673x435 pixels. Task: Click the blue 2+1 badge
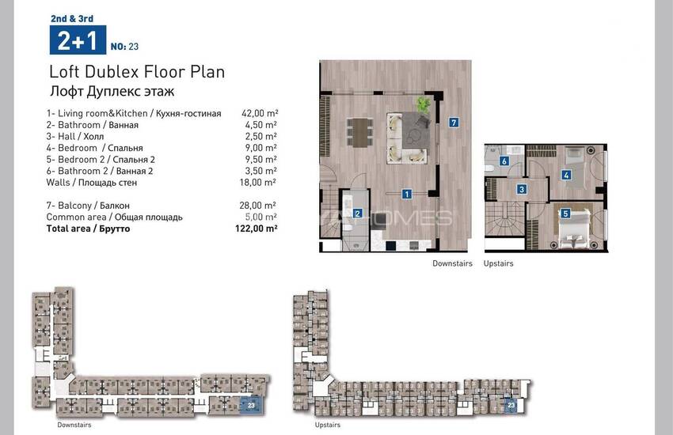pyautogui.click(x=78, y=40)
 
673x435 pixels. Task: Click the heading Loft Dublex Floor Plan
pyautogui.click(x=137, y=72)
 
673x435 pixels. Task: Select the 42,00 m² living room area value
pyautogui.click(x=260, y=113)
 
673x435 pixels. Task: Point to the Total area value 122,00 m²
pyautogui.click(x=257, y=229)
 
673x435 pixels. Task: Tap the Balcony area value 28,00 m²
pyautogui.click(x=257, y=206)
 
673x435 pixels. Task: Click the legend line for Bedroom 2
pyautogui.click(x=101, y=160)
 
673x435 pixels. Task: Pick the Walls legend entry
pyautogui.click(x=92, y=183)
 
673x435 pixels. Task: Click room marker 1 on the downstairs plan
pyautogui.click(x=406, y=194)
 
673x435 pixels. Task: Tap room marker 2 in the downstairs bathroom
pyautogui.click(x=358, y=213)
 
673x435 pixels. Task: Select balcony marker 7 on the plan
pyautogui.click(x=454, y=123)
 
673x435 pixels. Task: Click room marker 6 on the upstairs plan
pyautogui.click(x=504, y=161)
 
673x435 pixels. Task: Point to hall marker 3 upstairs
pyautogui.click(x=522, y=189)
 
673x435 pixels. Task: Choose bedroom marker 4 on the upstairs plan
pyautogui.click(x=567, y=175)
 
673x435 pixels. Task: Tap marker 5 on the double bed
pyautogui.click(x=565, y=213)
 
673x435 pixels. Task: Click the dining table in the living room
pyautogui.click(x=359, y=132)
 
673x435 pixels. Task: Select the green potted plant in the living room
pyautogui.click(x=424, y=104)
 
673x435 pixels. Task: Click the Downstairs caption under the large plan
pyautogui.click(x=452, y=263)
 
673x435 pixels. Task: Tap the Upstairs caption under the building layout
pyautogui.click(x=328, y=425)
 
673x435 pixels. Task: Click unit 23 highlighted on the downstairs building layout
pyautogui.click(x=251, y=405)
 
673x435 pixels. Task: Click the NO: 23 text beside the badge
pyautogui.click(x=124, y=47)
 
